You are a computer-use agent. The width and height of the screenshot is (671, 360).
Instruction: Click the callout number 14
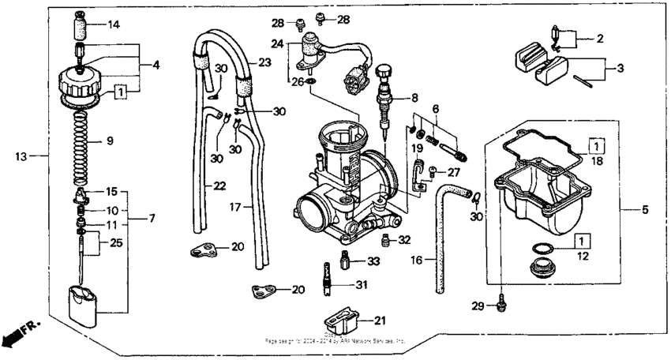(114, 24)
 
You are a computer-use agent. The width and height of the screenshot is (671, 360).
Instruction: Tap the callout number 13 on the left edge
(22, 156)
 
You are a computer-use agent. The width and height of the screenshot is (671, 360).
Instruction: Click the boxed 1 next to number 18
(598, 146)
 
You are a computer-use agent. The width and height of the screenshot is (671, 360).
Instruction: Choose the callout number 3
(620, 69)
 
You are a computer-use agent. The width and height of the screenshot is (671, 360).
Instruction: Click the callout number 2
(600, 37)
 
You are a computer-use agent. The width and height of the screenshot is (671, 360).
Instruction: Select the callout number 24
(276, 43)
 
